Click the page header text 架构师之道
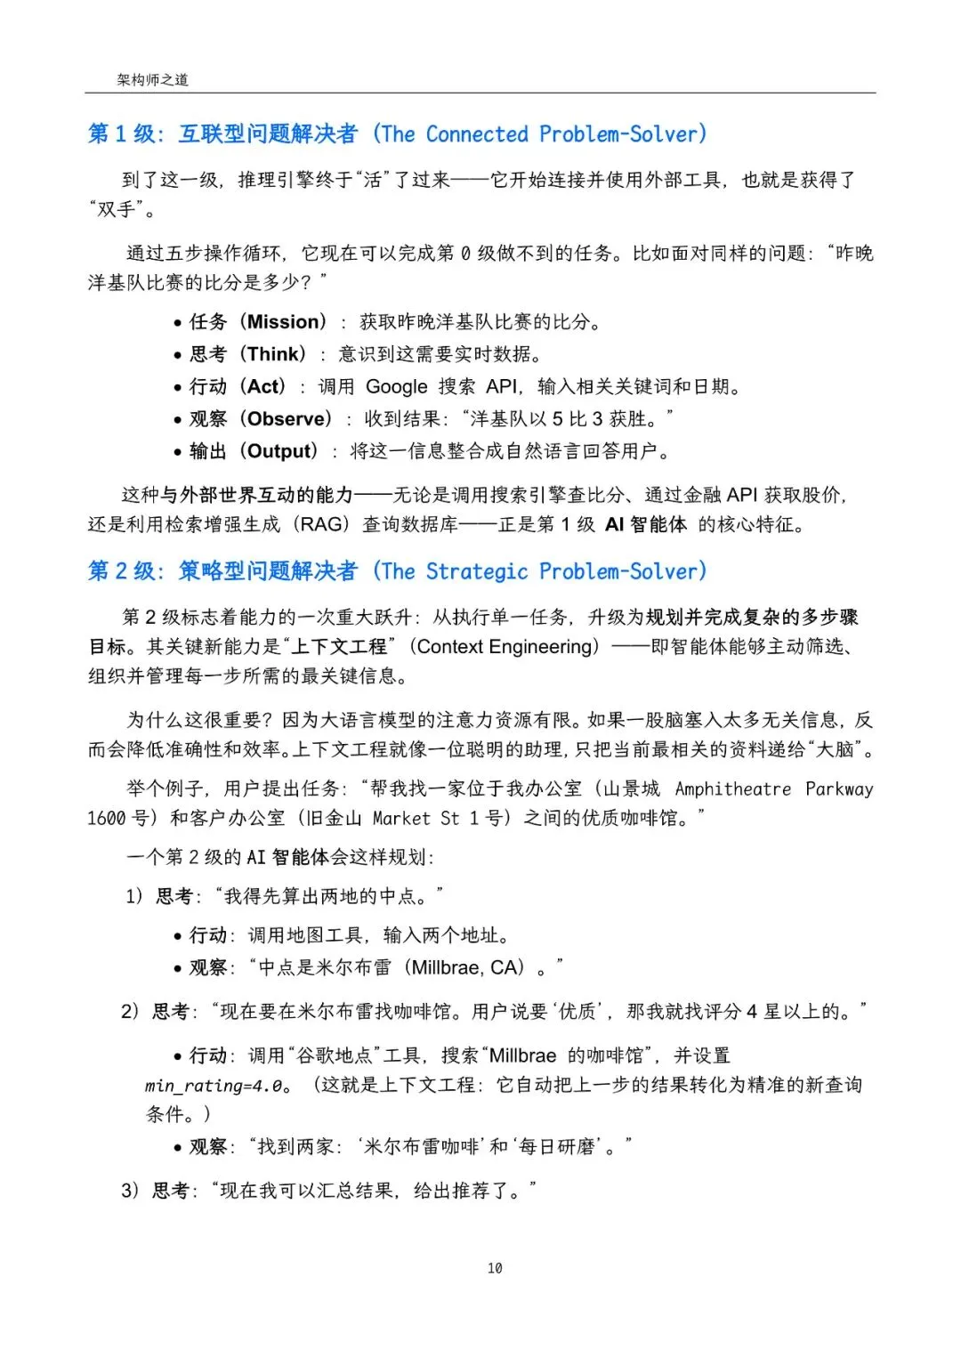(x=152, y=80)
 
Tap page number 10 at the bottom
(x=495, y=1267)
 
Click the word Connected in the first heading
(x=477, y=134)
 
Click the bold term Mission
(x=283, y=322)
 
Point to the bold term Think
(x=276, y=354)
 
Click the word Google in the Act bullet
(x=396, y=387)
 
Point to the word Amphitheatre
(x=732, y=789)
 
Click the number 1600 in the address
(x=107, y=819)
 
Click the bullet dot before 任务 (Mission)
(x=178, y=323)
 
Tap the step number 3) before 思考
(x=131, y=1191)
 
